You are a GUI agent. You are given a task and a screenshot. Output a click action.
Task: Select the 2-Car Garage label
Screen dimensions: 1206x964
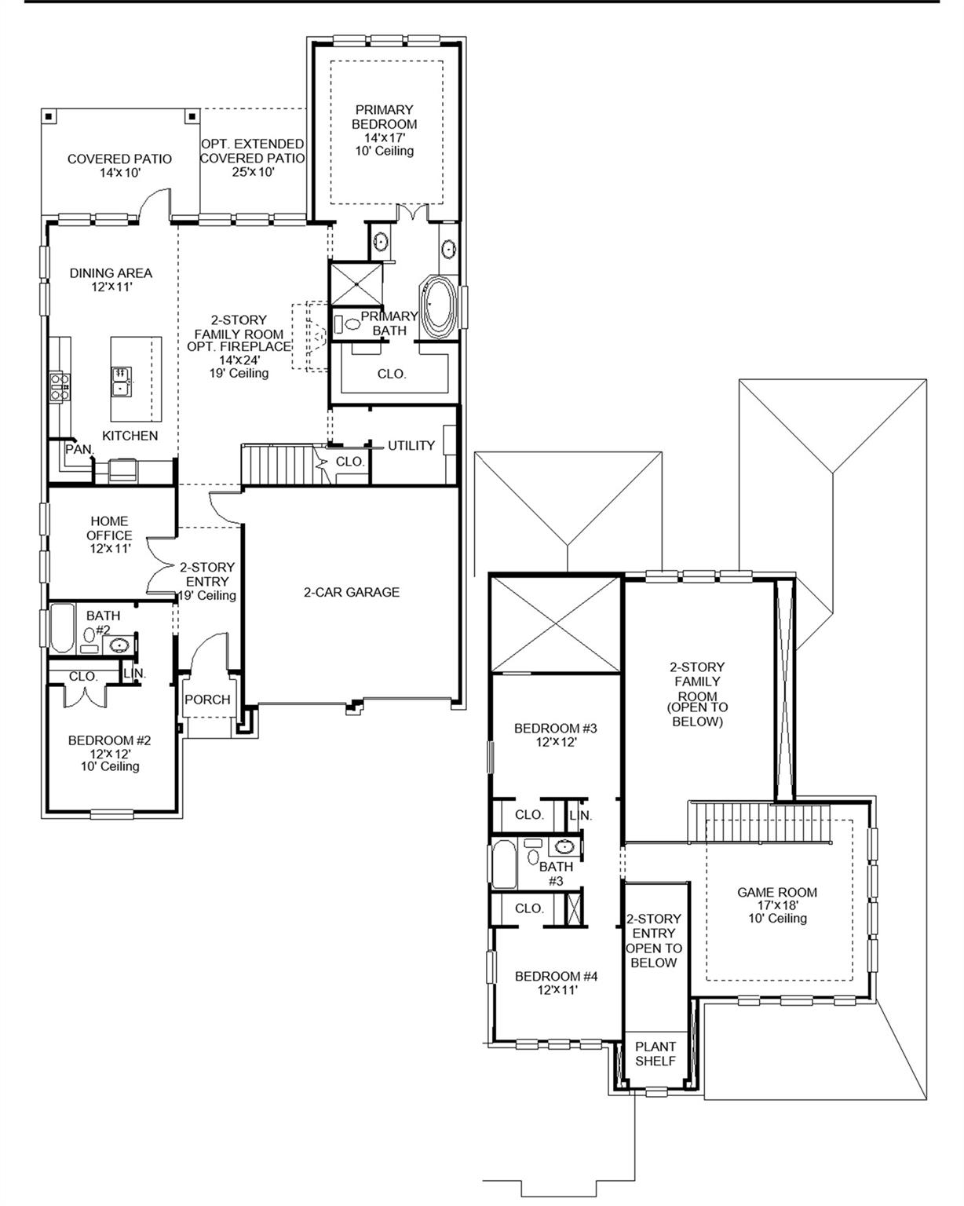pos(352,592)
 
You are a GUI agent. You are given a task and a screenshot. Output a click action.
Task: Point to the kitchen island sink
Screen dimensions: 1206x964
pos(122,380)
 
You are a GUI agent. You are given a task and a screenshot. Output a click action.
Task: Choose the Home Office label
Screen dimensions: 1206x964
pos(109,535)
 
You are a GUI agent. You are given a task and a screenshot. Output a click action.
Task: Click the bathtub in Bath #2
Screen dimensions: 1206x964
pos(63,628)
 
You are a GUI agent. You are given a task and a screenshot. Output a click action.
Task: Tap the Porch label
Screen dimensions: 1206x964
pos(207,700)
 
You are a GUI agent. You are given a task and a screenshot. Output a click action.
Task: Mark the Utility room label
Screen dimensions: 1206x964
pos(411,445)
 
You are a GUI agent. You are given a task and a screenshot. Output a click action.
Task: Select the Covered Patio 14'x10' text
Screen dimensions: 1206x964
pos(119,165)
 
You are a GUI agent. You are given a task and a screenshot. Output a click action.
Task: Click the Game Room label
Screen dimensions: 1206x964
pos(776,904)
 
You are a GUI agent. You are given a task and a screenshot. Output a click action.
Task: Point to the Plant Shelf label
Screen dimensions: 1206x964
pos(655,1054)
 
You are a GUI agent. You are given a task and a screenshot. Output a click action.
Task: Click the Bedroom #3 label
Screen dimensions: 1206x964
pos(555,734)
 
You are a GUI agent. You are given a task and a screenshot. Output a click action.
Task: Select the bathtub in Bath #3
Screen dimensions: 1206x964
pos(503,864)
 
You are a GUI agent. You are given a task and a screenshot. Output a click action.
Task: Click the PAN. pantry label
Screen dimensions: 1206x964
pos(79,450)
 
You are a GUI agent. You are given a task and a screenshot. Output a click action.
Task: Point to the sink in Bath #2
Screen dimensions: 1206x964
pos(119,645)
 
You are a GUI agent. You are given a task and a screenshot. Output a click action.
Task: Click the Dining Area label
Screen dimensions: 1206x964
pos(111,280)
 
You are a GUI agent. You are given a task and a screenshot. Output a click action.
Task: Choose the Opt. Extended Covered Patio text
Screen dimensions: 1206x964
pos(252,157)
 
